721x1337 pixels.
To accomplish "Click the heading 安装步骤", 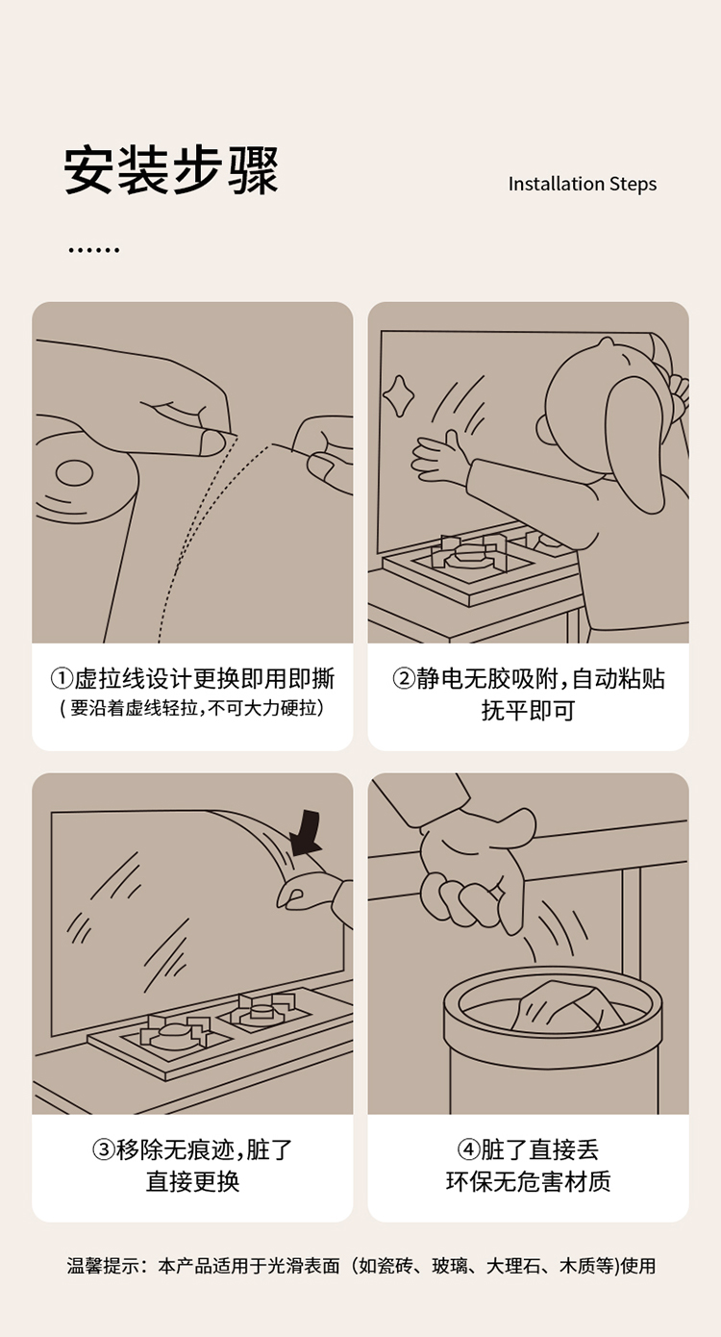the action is tap(171, 170).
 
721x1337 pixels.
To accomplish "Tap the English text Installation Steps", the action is tap(582, 184).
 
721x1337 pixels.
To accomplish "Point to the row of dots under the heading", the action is tap(93, 250).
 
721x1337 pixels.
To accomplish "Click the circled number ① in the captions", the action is tap(62, 679).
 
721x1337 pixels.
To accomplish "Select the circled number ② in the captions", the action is tap(403, 679).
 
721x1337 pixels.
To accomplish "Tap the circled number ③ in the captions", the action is tap(103, 1149).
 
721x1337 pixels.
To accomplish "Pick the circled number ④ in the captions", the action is tap(469, 1149).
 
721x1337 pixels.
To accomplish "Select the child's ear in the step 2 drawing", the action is tap(546, 429).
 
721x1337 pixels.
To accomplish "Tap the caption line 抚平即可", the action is tap(528, 711).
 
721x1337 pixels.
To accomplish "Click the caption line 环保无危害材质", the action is tap(528, 1181).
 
